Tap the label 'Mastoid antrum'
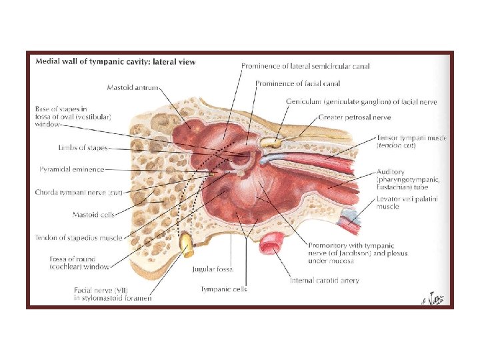coord(133,87)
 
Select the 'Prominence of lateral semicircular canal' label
coord(305,66)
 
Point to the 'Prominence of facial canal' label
coord(297,83)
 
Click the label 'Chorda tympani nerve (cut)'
coord(79,193)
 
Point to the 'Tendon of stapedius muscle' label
coord(78,237)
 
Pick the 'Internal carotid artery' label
coord(324,281)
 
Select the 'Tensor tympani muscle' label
coord(411,138)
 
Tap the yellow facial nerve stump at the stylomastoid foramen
coord(189,246)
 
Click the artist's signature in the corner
coord(433,298)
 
